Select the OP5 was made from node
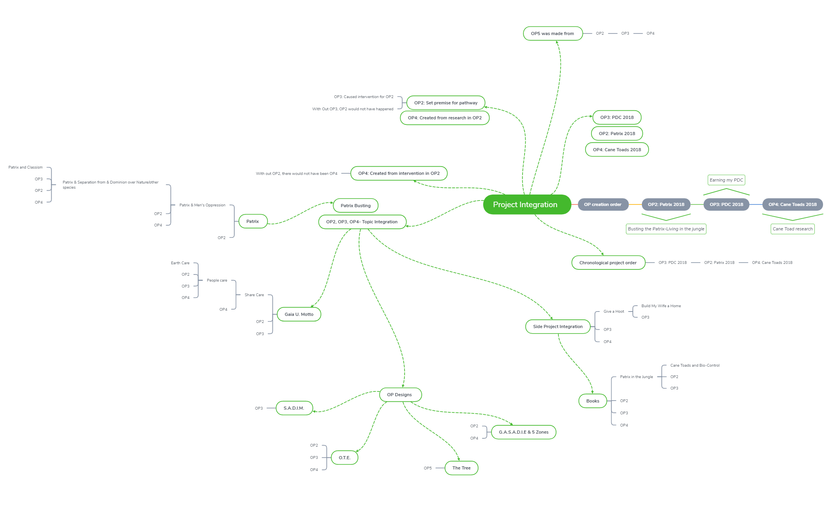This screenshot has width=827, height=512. (553, 33)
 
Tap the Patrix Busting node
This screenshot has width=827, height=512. (356, 206)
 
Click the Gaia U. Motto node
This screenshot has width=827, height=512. (299, 314)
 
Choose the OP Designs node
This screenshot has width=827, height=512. (399, 395)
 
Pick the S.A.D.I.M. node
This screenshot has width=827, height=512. (294, 408)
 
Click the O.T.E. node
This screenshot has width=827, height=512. (345, 458)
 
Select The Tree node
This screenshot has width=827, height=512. (461, 468)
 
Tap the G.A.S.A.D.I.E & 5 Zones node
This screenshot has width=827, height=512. (523, 432)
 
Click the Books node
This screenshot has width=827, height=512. (593, 401)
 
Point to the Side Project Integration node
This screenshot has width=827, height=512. (558, 326)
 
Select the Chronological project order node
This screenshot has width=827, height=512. (608, 263)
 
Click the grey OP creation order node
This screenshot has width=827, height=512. (603, 204)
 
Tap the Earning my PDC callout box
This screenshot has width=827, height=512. (726, 180)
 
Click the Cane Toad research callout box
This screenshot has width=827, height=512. (792, 229)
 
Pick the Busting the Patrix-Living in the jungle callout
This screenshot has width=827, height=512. (666, 229)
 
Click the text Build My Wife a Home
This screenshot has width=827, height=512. (661, 306)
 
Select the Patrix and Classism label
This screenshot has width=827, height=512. (26, 167)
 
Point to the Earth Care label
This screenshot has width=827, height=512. (180, 263)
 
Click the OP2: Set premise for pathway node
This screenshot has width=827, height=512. (446, 103)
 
